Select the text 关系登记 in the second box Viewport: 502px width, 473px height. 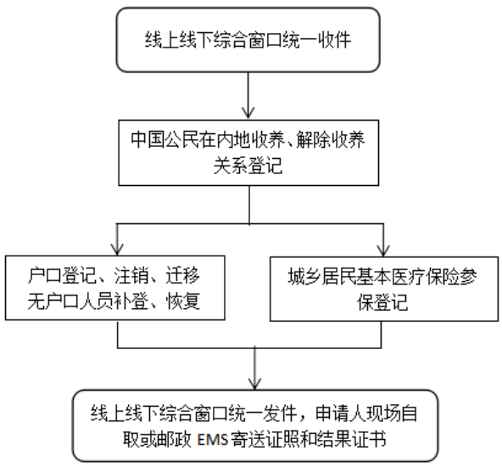pyautogui.click(x=248, y=166)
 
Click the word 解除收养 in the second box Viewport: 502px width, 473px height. pyautogui.click(x=331, y=140)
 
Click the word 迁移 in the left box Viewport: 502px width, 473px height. pyautogui.click(x=183, y=275)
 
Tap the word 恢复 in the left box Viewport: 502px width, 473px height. pyautogui.click(x=183, y=301)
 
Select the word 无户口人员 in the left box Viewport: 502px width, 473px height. pyautogui.click(x=70, y=301)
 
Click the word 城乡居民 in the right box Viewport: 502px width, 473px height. pyautogui.click(x=321, y=277)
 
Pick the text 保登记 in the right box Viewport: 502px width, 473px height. pyautogui.click(x=382, y=302)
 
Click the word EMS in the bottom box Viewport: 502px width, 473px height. pyautogui.click(x=213, y=440)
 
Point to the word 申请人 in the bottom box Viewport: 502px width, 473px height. pyautogui.click(x=340, y=414)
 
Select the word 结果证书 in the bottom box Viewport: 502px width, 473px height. pyautogui.click(x=352, y=439)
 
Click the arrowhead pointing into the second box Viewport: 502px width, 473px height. pyautogui.click(x=248, y=113)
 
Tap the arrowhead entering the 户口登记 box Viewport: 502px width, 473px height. pyautogui.click(x=117, y=249)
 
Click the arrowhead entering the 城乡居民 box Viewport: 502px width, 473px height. pyautogui.click(x=383, y=251)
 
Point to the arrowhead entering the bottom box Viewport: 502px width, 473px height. pyautogui.click(x=254, y=384)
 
